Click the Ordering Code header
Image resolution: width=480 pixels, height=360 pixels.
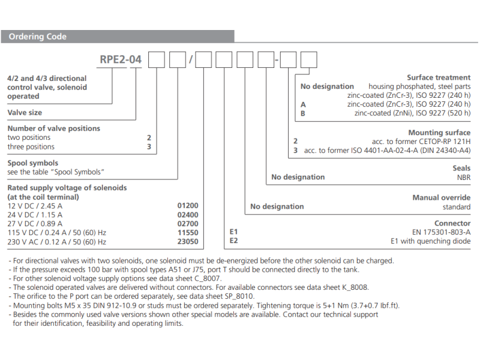[x=37, y=37]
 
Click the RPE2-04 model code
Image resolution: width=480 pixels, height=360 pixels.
[x=121, y=60]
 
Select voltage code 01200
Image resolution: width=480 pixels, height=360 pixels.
[x=188, y=205]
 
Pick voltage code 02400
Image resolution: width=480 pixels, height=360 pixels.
[x=188, y=215]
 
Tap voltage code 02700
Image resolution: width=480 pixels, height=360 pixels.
[x=188, y=224]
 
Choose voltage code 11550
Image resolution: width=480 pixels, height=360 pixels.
[x=188, y=233]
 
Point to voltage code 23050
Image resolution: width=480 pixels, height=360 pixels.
[x=188, y=242]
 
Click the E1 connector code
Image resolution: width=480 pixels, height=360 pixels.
[x=234, y=232]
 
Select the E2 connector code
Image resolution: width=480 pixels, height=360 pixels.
[x=235, y=241]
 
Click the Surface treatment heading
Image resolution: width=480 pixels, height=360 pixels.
[x=439, y=77]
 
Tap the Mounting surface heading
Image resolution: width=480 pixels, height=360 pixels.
[x=439, y=133]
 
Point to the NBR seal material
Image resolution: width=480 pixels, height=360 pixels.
[x=463, y=178]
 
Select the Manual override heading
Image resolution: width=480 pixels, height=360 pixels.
[x=441, y=197]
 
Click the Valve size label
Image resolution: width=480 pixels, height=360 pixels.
[x=25, y=112]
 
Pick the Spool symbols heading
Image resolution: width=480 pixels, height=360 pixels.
[x=32, y=163]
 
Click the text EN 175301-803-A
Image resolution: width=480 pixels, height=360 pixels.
[x=441, y=232]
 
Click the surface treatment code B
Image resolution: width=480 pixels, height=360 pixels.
[x=303, y=113]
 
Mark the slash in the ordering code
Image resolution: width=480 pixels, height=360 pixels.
[x=191, y=60]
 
